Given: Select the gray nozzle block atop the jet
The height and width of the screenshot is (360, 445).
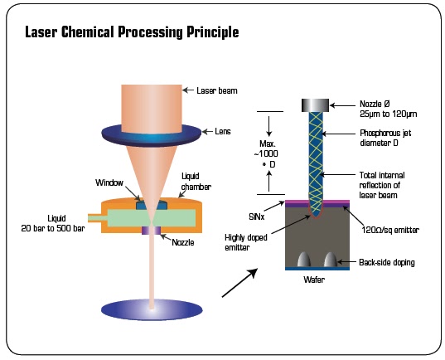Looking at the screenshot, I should (316, 105).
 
